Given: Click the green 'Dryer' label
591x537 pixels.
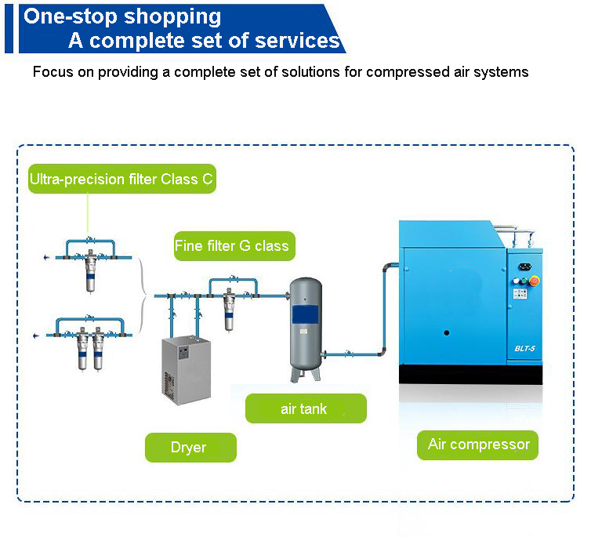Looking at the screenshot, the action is [190, 448].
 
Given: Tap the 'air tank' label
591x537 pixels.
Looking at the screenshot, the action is [306, 408].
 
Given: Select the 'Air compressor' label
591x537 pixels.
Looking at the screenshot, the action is [477, 445].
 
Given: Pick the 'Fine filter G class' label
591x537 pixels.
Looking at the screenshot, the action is [234, 246].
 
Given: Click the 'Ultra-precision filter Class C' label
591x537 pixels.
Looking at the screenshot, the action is [122, 179].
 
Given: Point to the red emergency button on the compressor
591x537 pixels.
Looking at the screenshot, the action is [535, 281].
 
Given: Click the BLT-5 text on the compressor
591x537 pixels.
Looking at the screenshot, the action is [524, 348].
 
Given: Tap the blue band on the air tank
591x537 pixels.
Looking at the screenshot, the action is [306, 314].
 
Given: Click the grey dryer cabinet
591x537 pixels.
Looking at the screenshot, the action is [187, 371].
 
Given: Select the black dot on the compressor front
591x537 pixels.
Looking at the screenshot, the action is [447, 332].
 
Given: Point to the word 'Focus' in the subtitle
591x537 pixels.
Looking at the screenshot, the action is [53, 71].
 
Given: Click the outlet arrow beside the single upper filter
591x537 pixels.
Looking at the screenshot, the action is [46, 257].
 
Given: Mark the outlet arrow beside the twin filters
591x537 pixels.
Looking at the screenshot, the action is [36, 336].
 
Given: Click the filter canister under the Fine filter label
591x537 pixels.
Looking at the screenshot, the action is [229, 311].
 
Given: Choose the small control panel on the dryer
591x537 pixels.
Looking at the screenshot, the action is [183, 352].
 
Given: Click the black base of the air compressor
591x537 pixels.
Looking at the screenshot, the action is [471, 375].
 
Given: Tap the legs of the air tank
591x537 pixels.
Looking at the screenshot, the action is [306, 374].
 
